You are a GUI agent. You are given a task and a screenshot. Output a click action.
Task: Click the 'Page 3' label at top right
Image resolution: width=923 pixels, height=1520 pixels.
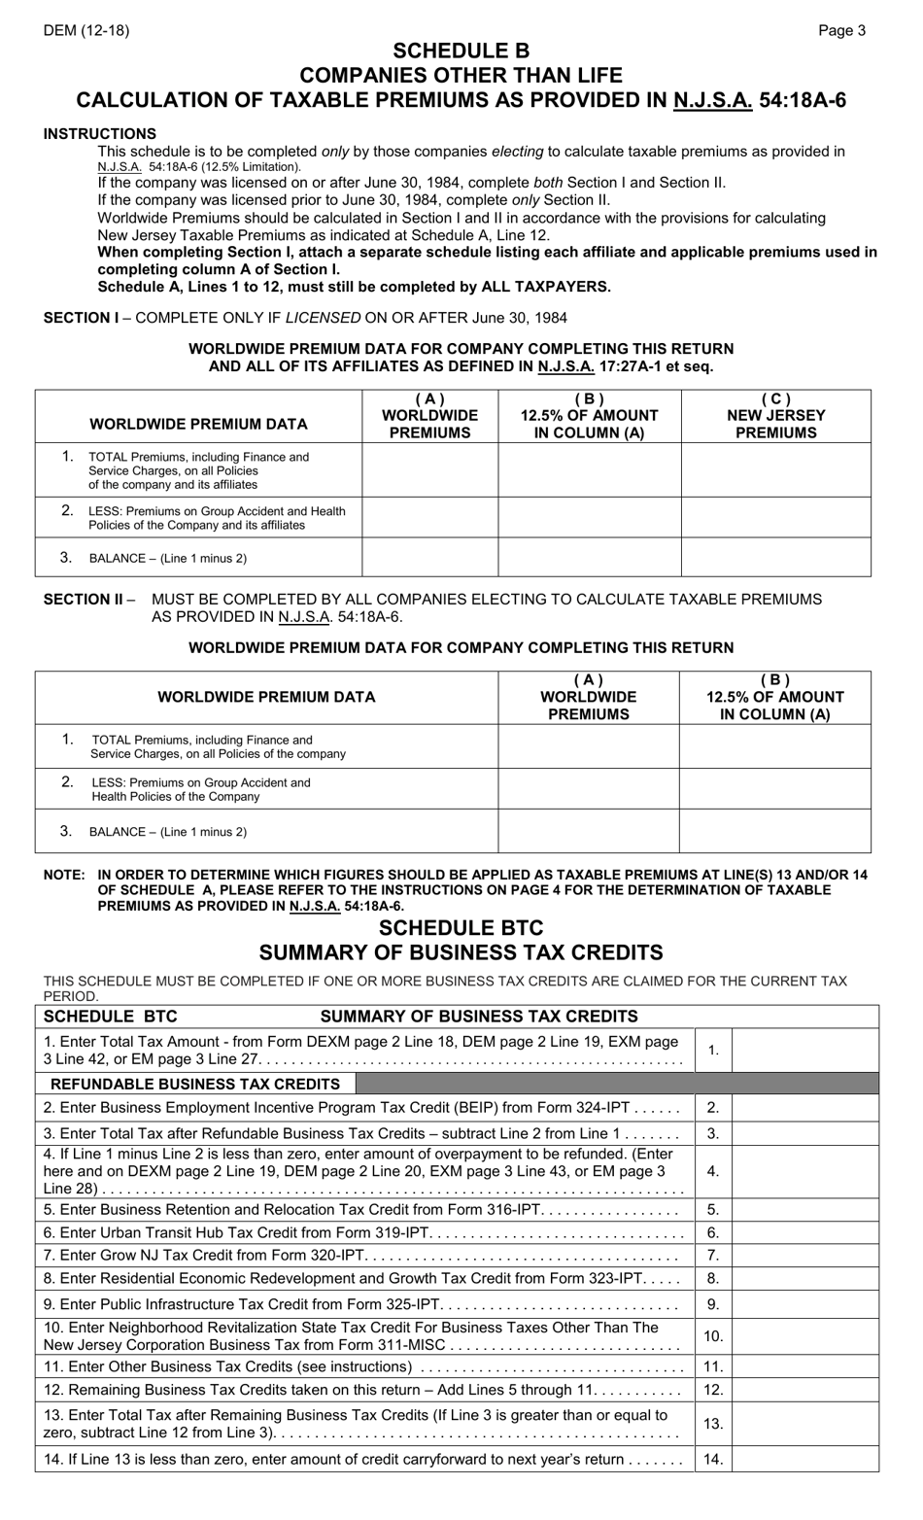841,30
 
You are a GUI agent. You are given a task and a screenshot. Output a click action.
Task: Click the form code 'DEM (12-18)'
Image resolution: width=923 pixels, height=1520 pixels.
85,30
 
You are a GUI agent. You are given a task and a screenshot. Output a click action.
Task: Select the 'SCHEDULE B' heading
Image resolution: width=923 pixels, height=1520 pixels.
461,52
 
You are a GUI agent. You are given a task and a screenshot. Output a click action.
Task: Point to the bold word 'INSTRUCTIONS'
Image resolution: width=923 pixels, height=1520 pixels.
99,133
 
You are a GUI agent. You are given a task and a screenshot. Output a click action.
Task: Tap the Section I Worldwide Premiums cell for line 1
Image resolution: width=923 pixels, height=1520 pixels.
429,470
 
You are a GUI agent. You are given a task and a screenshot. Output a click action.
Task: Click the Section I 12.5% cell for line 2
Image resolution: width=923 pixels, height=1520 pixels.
589,517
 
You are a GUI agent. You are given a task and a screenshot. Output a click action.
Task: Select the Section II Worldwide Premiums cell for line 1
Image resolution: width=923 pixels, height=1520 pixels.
588,746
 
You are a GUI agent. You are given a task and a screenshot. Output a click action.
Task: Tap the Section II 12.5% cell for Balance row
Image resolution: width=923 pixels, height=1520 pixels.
774,831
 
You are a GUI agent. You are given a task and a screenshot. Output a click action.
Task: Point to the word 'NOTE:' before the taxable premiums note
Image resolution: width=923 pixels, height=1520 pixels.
64,875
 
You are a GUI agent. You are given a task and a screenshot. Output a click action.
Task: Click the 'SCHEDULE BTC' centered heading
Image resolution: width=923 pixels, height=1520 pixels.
461,927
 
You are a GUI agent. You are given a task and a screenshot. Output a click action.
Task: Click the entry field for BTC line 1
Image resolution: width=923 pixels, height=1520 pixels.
804,1050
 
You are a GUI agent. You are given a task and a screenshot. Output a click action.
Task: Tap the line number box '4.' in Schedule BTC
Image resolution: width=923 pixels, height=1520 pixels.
713,1171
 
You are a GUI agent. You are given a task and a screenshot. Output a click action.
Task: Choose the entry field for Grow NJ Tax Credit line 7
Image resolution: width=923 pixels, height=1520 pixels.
804,1255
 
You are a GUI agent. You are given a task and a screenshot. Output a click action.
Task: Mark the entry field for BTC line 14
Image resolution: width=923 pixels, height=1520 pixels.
804,1459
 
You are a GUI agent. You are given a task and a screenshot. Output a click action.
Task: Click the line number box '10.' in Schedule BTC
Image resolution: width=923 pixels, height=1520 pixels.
713,1336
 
